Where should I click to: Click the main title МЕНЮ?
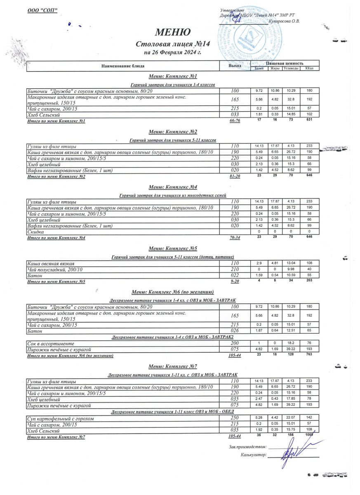172,32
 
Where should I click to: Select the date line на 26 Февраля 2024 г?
172,53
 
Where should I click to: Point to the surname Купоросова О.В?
284,21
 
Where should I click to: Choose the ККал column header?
309,68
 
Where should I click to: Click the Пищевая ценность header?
285,63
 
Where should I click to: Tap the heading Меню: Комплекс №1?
172,77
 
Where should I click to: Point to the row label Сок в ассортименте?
51,343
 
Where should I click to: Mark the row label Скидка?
36,232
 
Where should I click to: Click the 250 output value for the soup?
235,419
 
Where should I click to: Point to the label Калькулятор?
253,455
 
